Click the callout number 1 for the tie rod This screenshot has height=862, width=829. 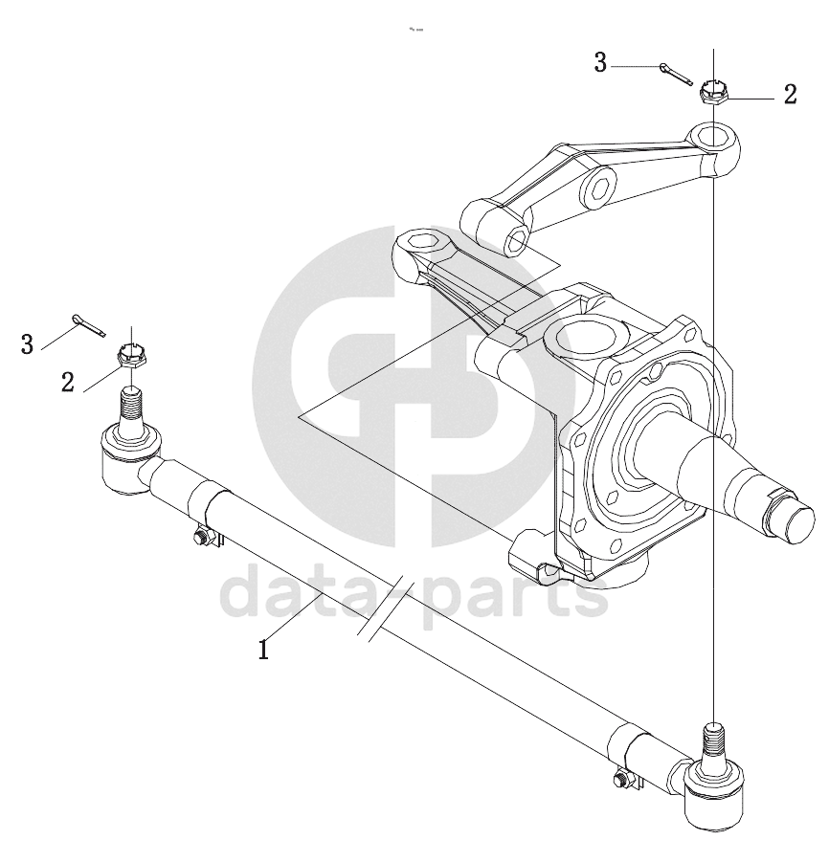click(x=264, y=650)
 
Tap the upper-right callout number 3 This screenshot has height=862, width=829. click(x=600, y=63)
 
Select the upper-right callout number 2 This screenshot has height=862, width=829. click(x=791, y=95)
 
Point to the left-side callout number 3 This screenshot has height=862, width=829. click(x=27, y=344)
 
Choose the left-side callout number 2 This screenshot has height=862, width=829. click(x=68, y=382)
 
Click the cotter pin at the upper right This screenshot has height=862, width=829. click(x=676, y=75)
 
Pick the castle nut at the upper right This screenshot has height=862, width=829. click(x=713, y=91)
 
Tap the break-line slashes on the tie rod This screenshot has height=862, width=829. click(x=385, y=608)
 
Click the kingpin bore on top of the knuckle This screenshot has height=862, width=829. click(x=584, y=336)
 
